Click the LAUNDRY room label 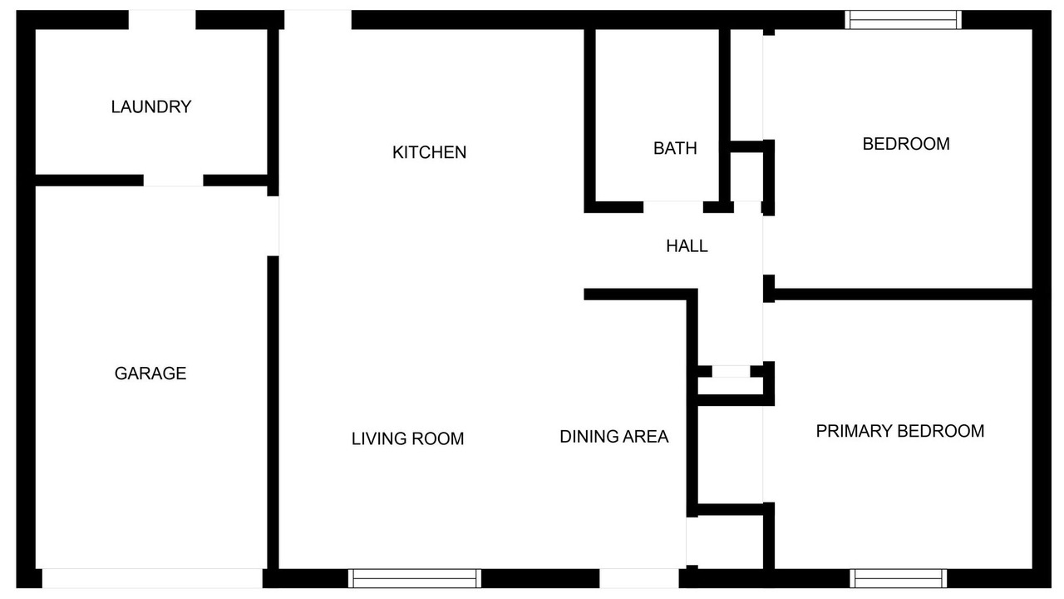click(151, 107)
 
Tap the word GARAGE click(150, 374)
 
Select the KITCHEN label click(430, 152)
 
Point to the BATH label click(675, 148)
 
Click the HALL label click(687, 246)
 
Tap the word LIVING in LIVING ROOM click(377, 438)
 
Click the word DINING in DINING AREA click(588, 437)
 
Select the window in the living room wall click(415, 578)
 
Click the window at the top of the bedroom click(903, 20)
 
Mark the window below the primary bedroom click(899, 578)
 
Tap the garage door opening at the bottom click(152, 578)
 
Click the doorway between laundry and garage click(174, 181)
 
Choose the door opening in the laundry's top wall click(162, 20)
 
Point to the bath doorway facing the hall click(673, 207)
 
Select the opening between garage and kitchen click(273, 225)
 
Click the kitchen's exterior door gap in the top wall click(318, 20)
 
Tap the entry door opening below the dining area click(639, 578)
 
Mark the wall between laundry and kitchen click(273, 112)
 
